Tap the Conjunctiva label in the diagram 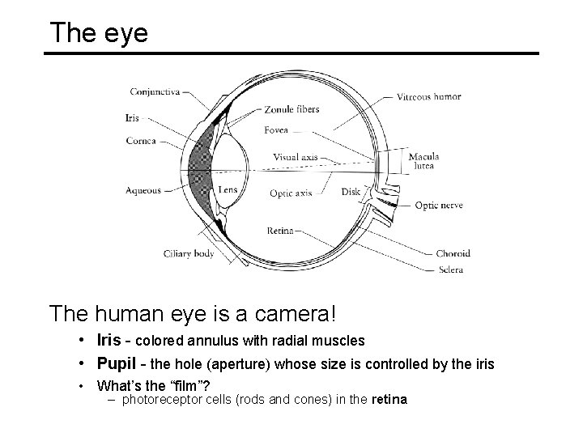(x=155, y=91)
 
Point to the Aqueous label (x=143, y=191)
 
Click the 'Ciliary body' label (x=188, y=253)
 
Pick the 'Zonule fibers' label (x=292, y=109)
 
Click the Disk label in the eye (x=351, y=193)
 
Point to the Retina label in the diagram (x=280, y=231)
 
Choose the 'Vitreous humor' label (x=429, y=96)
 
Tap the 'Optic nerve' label (x=439, y=206)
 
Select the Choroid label (x=453, y=253)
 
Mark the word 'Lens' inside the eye (x=228, y=189)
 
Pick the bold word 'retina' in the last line (x=389, y=399)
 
